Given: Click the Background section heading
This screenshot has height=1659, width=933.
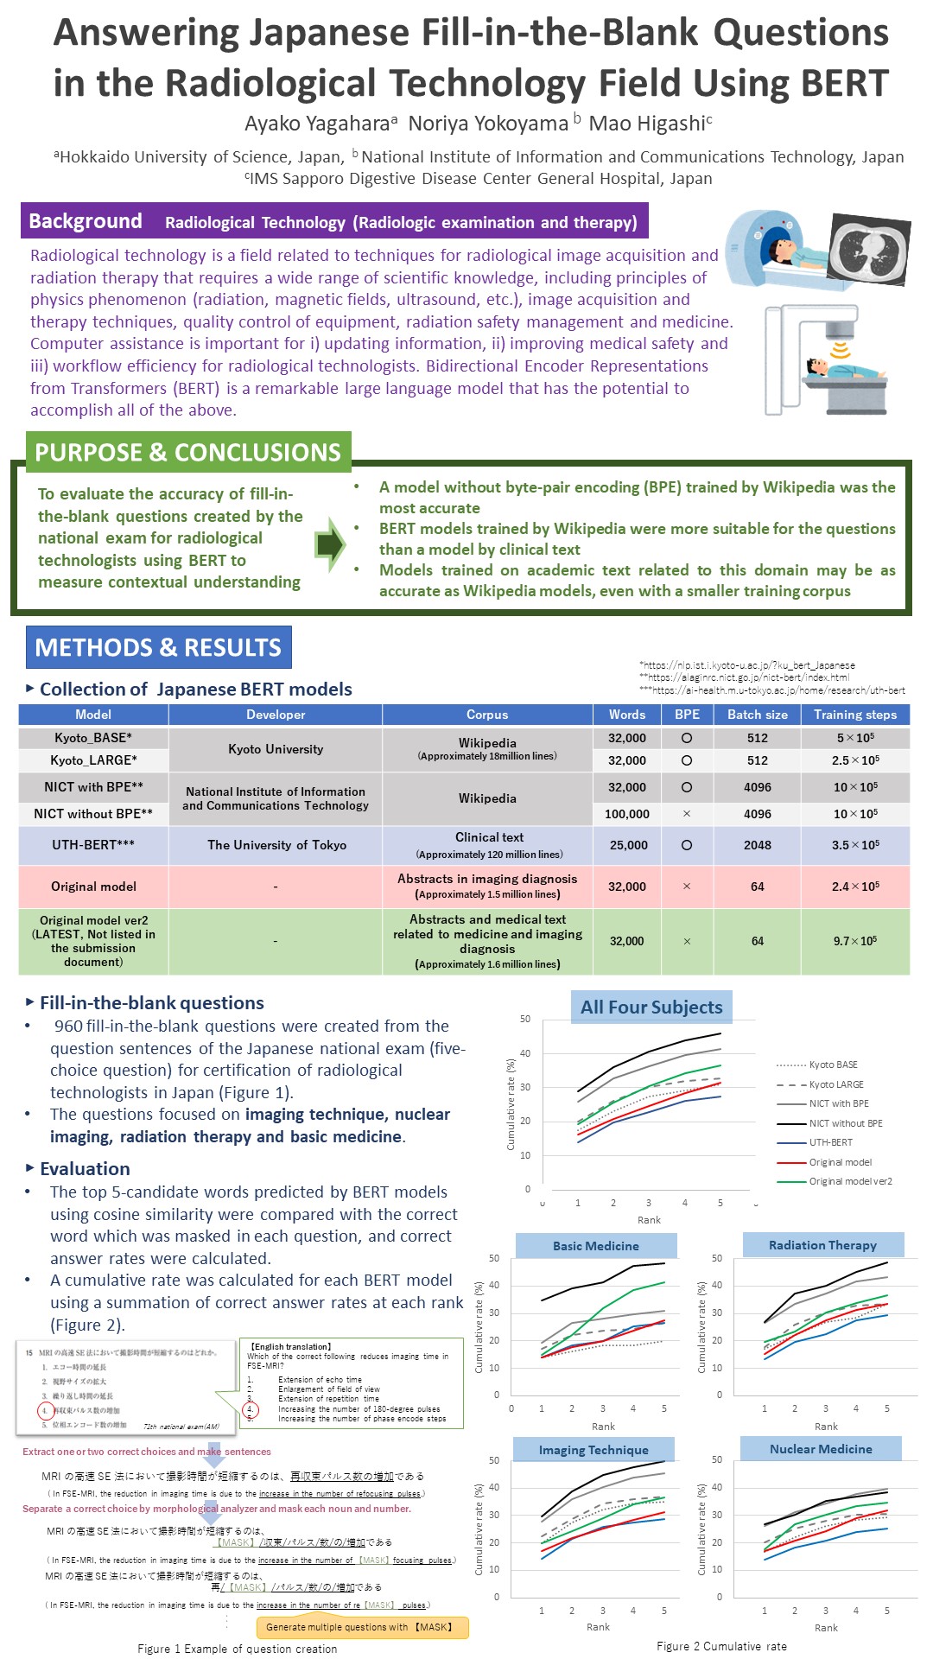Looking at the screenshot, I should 86,221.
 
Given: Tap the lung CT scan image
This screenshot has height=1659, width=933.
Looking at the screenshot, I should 869,249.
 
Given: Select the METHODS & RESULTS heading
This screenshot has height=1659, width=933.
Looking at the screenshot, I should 158,647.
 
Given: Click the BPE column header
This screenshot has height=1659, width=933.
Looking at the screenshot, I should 687,715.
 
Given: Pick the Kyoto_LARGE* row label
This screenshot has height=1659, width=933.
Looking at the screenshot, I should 93,760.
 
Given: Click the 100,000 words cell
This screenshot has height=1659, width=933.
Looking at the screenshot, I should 626,814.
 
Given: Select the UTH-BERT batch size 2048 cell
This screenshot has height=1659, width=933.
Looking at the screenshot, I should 757,845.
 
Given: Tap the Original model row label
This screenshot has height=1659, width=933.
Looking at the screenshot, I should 93,887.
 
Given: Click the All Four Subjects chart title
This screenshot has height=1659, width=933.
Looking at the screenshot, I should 651,1007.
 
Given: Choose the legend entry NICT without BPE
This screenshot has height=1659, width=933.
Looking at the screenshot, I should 845,1123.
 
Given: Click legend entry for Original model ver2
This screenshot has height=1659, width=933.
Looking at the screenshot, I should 850,1181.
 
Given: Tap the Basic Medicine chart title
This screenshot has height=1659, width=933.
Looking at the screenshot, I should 596,1246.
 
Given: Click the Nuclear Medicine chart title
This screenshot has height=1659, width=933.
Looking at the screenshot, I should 821,1449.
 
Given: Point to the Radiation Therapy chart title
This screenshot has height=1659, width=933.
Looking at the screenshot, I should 822,1245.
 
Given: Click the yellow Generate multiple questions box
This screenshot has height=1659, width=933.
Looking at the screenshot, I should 362,1627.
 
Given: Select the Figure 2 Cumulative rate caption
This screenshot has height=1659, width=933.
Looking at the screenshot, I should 721,1646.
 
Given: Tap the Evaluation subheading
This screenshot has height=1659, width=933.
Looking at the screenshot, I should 85,1169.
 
